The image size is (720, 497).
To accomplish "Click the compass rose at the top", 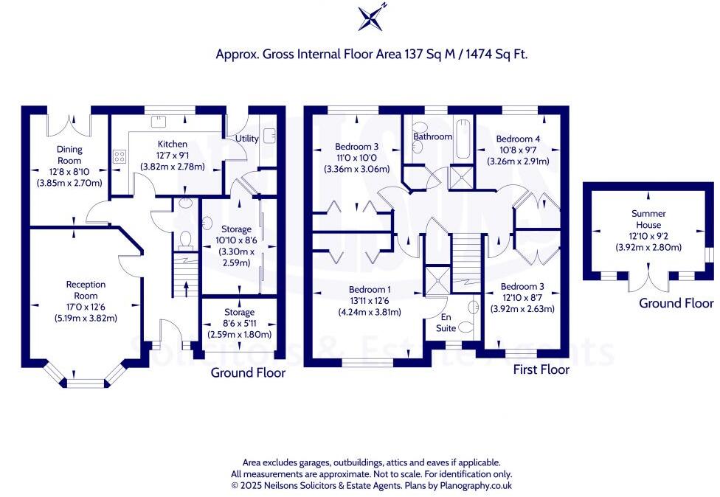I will coord(370,18).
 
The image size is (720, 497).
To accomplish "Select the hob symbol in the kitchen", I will coord(120,156).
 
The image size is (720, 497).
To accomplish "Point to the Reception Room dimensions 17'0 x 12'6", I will coord(86,307).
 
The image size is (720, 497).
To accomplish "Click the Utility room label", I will coord(246,138).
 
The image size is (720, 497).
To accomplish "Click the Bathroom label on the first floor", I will coord(432,136).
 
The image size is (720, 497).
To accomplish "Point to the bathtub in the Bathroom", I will coord(463,140).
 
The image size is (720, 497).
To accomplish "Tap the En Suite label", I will coord(446,322).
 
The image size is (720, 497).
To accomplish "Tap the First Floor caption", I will coord(541,369).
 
